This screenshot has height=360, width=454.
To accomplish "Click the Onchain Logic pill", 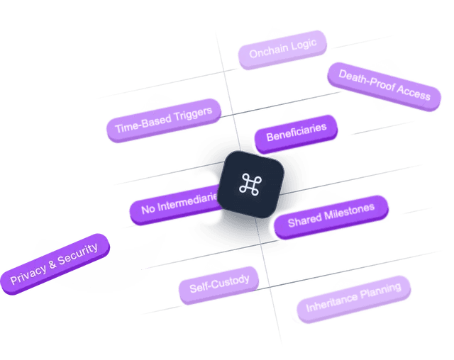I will point(282,49).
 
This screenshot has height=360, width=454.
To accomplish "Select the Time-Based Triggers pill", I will point(163,120).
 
